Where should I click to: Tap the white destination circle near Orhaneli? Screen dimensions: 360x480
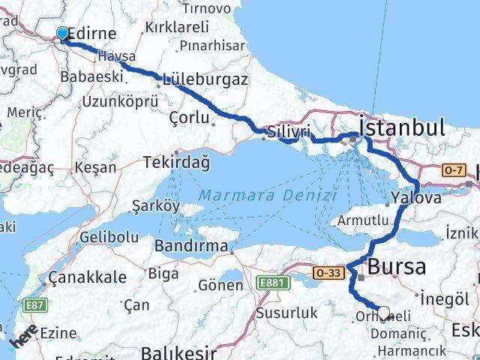click(384, 313)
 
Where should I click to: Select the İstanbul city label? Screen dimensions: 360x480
click(403, 127)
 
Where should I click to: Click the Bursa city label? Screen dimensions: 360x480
click(397, 266)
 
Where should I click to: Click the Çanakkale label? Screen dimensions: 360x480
click(87, 277)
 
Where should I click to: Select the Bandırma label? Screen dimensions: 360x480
click(191, 245)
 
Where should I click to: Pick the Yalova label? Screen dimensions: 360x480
click(415, 199)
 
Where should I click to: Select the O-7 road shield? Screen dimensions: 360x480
click(451, 170)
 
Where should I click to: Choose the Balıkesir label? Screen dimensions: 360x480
click(181, 352)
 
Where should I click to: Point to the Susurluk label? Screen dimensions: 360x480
click(283, 313)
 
